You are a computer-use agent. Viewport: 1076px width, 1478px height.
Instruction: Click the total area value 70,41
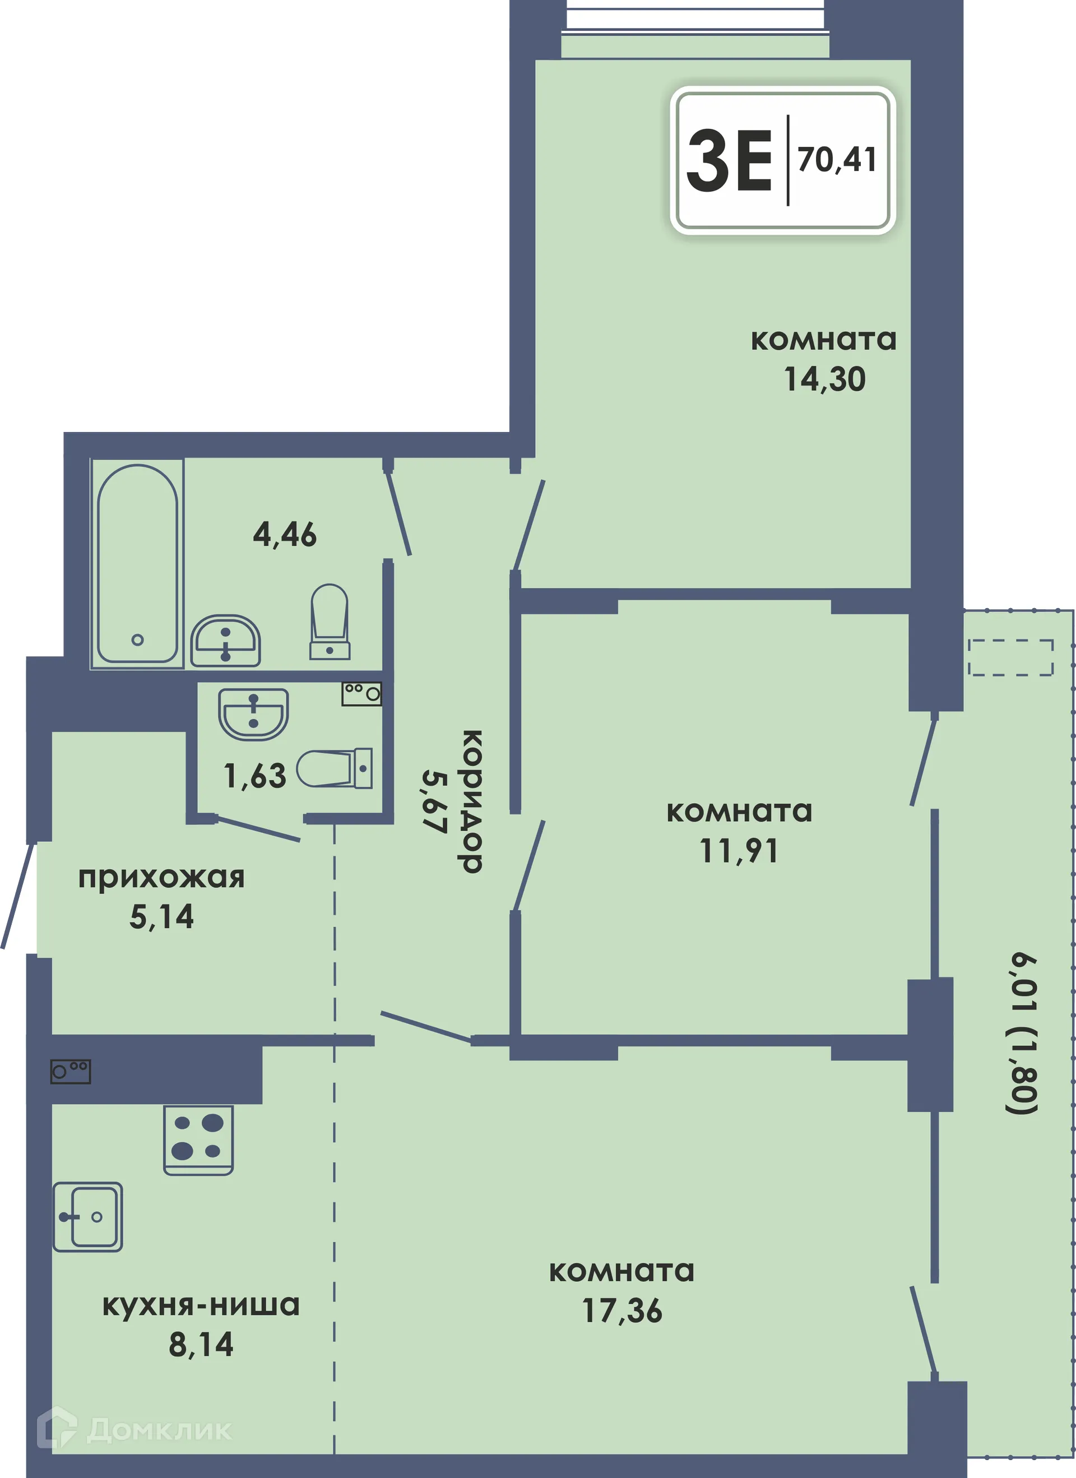[837, 160]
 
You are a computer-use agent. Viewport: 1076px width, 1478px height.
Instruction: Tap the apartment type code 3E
[729, 160]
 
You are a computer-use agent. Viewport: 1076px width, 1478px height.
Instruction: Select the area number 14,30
[824, 379]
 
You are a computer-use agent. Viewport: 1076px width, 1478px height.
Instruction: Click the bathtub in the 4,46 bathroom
[137, 563]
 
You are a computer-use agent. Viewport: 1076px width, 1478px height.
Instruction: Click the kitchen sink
[87, 1217]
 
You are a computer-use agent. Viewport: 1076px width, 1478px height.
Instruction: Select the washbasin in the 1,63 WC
[253, 713]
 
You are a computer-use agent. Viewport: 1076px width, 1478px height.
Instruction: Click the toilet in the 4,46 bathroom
[330, 621]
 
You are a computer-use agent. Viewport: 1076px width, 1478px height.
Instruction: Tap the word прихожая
[161, 878]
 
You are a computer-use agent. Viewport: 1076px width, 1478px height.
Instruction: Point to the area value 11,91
[739, 851]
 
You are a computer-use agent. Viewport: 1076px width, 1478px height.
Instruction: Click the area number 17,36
[623, 1310]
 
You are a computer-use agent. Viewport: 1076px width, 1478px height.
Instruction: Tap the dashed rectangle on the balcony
[1010, 657]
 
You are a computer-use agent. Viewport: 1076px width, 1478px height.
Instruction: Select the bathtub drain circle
[137, 640]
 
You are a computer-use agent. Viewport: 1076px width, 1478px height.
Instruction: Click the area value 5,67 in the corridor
[435, 801]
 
